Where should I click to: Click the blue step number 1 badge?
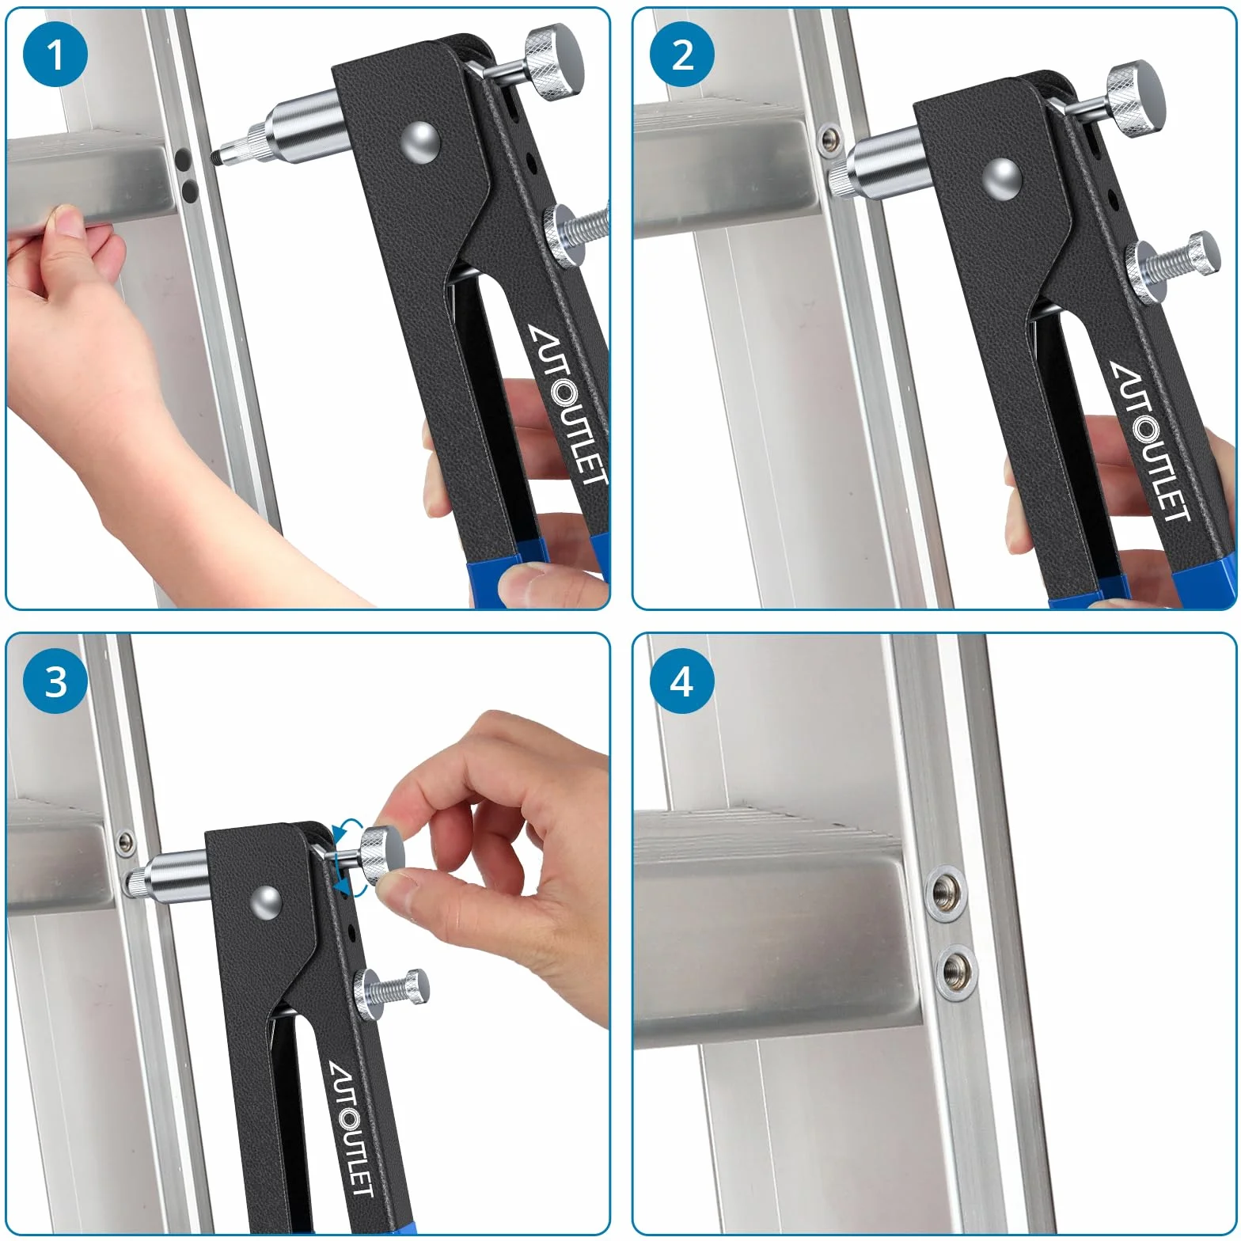coord(55,55)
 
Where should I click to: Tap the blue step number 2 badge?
coord(681,55)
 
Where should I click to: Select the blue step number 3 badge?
coord(55,681)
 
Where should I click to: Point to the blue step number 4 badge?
coord(681,681)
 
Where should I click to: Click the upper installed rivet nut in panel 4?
coord(946,894)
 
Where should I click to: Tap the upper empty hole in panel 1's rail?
coord(183,161)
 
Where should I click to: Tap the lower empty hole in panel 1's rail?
coord(190,190)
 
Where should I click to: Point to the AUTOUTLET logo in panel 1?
coord(568,405)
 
